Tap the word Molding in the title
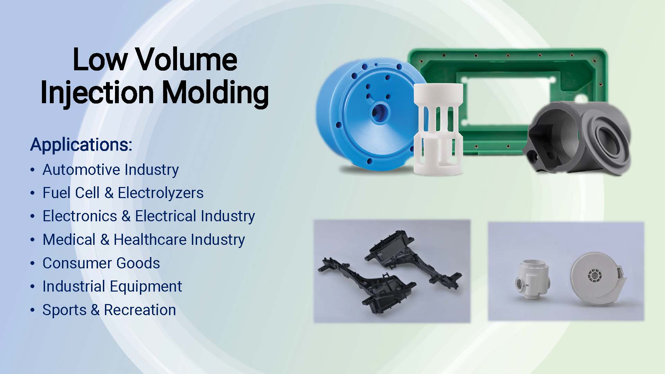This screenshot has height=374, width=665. pyautogui.click(x=215, y=93)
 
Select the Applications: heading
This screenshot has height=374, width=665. pyautogui.click(x=81, y=145)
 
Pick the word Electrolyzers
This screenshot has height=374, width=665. pyautogui.click(x=161, y=193)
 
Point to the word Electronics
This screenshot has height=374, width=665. pyautogui.click(x=80, y=216)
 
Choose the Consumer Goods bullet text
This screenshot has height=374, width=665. pyautogui.click(x=101, y=263)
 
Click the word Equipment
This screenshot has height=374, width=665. pyautogui.click(x=146, y=286)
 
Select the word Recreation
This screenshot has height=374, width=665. pyautogui.click(x=140, y=310)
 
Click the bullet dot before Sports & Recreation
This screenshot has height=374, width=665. pyautogui.click(x=33, y=310)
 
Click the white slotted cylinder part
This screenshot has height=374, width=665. pyautogui.click(x=438, y=129)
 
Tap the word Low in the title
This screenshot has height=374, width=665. pyautogui.click(x=100, y=60)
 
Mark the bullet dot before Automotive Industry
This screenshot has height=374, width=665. pyautogui.click(x=33, y=170)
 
